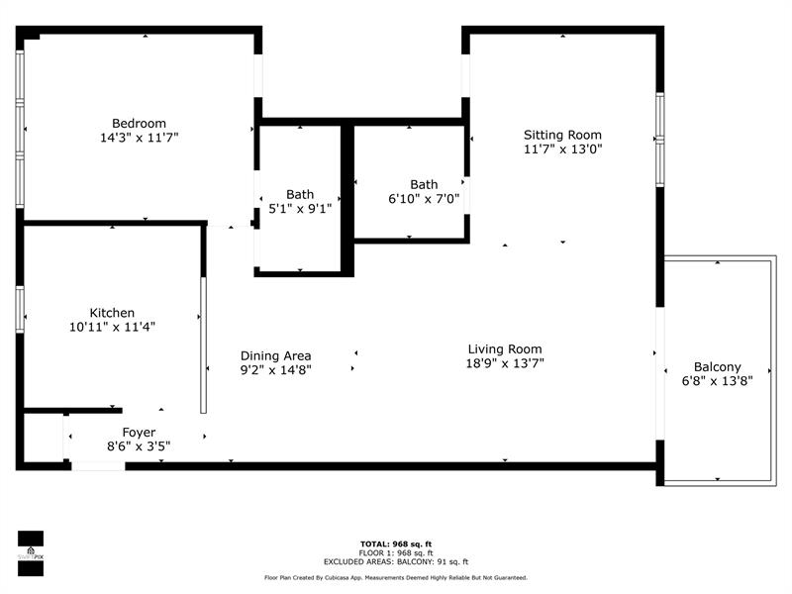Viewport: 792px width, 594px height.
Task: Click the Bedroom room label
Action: [139, 123]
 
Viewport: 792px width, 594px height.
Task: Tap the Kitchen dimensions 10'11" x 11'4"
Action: [112, 328]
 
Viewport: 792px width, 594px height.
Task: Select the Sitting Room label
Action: [562, 136]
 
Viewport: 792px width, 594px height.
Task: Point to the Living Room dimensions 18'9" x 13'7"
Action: [505, 363]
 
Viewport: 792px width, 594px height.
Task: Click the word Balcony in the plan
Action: [717, 367]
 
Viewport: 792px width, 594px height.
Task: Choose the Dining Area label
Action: [276, 356]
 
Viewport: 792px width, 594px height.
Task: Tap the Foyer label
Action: [139, 433]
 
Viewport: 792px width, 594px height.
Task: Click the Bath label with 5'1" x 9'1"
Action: [300, 194]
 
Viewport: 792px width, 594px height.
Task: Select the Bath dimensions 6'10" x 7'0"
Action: [424, 199]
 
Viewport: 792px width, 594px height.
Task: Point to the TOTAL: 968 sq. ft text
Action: [396, 544]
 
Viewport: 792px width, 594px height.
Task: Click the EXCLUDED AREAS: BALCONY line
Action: [396, 561]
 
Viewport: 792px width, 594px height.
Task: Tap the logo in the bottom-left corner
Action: [31, 553]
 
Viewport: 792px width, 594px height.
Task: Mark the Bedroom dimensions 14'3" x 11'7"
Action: [140, 138]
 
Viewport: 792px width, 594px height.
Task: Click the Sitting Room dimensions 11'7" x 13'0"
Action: [563, 149]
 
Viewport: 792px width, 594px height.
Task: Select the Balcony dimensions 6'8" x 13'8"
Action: [717, 381]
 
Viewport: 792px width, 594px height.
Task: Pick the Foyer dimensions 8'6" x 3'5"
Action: [139, 446]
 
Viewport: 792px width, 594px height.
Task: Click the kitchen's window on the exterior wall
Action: [20, 309]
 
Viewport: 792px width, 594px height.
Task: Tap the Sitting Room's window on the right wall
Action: [660, 140]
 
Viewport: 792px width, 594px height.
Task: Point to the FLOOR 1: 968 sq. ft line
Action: [396, 553]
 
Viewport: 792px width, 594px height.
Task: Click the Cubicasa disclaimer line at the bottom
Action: [396, 577]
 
